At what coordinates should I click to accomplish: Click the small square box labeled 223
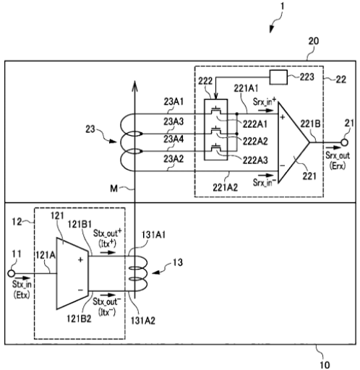click(x=278, y=77)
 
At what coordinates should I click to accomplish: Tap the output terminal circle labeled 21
click(x=345, y=142)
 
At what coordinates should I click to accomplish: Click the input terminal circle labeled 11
click(x=11, y=273)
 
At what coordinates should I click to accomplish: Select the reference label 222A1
click(x=255, y=124)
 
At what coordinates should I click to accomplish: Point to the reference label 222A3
click(x=255, y=160)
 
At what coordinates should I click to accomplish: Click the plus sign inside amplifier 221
click(x=283, y=117)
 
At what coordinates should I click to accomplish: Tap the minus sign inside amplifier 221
click(x=283, y=165)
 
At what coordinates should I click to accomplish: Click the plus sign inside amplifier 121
click(x=80, y=259)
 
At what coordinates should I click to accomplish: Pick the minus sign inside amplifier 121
click(x=80, y=290)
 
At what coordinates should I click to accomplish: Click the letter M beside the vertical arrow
click(x=113, y=189)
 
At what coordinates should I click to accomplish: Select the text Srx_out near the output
click(x=338, y=155)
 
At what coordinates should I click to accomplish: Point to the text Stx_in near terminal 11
click(x=22, y=285)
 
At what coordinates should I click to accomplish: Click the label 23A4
click(x=173, y=139)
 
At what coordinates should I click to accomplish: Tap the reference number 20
click(x=314, y=41)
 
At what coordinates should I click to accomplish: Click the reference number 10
click(x=325, y=365)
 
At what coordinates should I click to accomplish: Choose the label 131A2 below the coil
click(x=143, y=320)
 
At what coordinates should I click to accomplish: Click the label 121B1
click(x=80, y=224)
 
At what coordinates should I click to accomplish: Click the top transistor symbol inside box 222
click(x=216, y=110)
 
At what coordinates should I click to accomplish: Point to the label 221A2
click(x=225, y=187)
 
